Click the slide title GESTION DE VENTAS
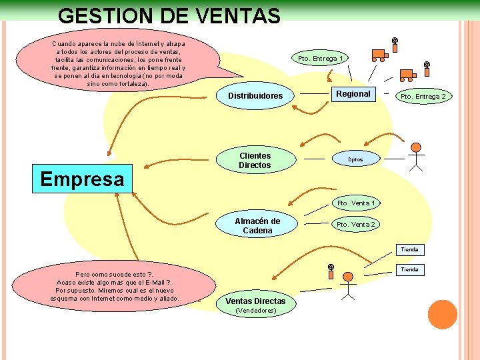(x=169, y=16)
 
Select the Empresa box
(x=82, y=179)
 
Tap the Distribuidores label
(x=255, y=96)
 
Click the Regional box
(x=353, y=94)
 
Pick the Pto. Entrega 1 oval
(x=321, y=59)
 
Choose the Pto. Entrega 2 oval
(x=423, y=96)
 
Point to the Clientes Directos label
(x=255, y=160)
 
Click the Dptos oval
(x=355, y=160)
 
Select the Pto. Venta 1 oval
(x=356, y=203)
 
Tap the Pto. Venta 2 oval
(x=355, y=225)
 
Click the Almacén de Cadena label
(x=257, y=225)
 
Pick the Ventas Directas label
(x=255, y=301)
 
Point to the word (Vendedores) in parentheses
(x=257, y=311)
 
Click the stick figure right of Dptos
(x=415, y=156)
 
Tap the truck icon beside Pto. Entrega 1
(x=379, y=56)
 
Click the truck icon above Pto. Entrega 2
(x=407, y=75)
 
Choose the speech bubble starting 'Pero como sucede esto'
(x=115, y=287)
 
